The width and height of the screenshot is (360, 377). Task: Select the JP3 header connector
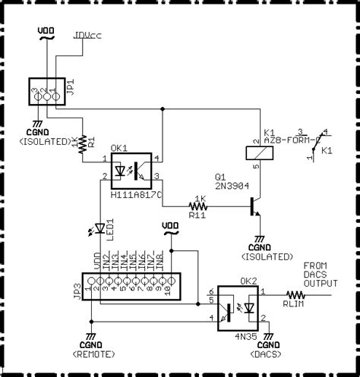coord(126,287)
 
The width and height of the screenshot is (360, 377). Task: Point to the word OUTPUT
coord(321,283)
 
